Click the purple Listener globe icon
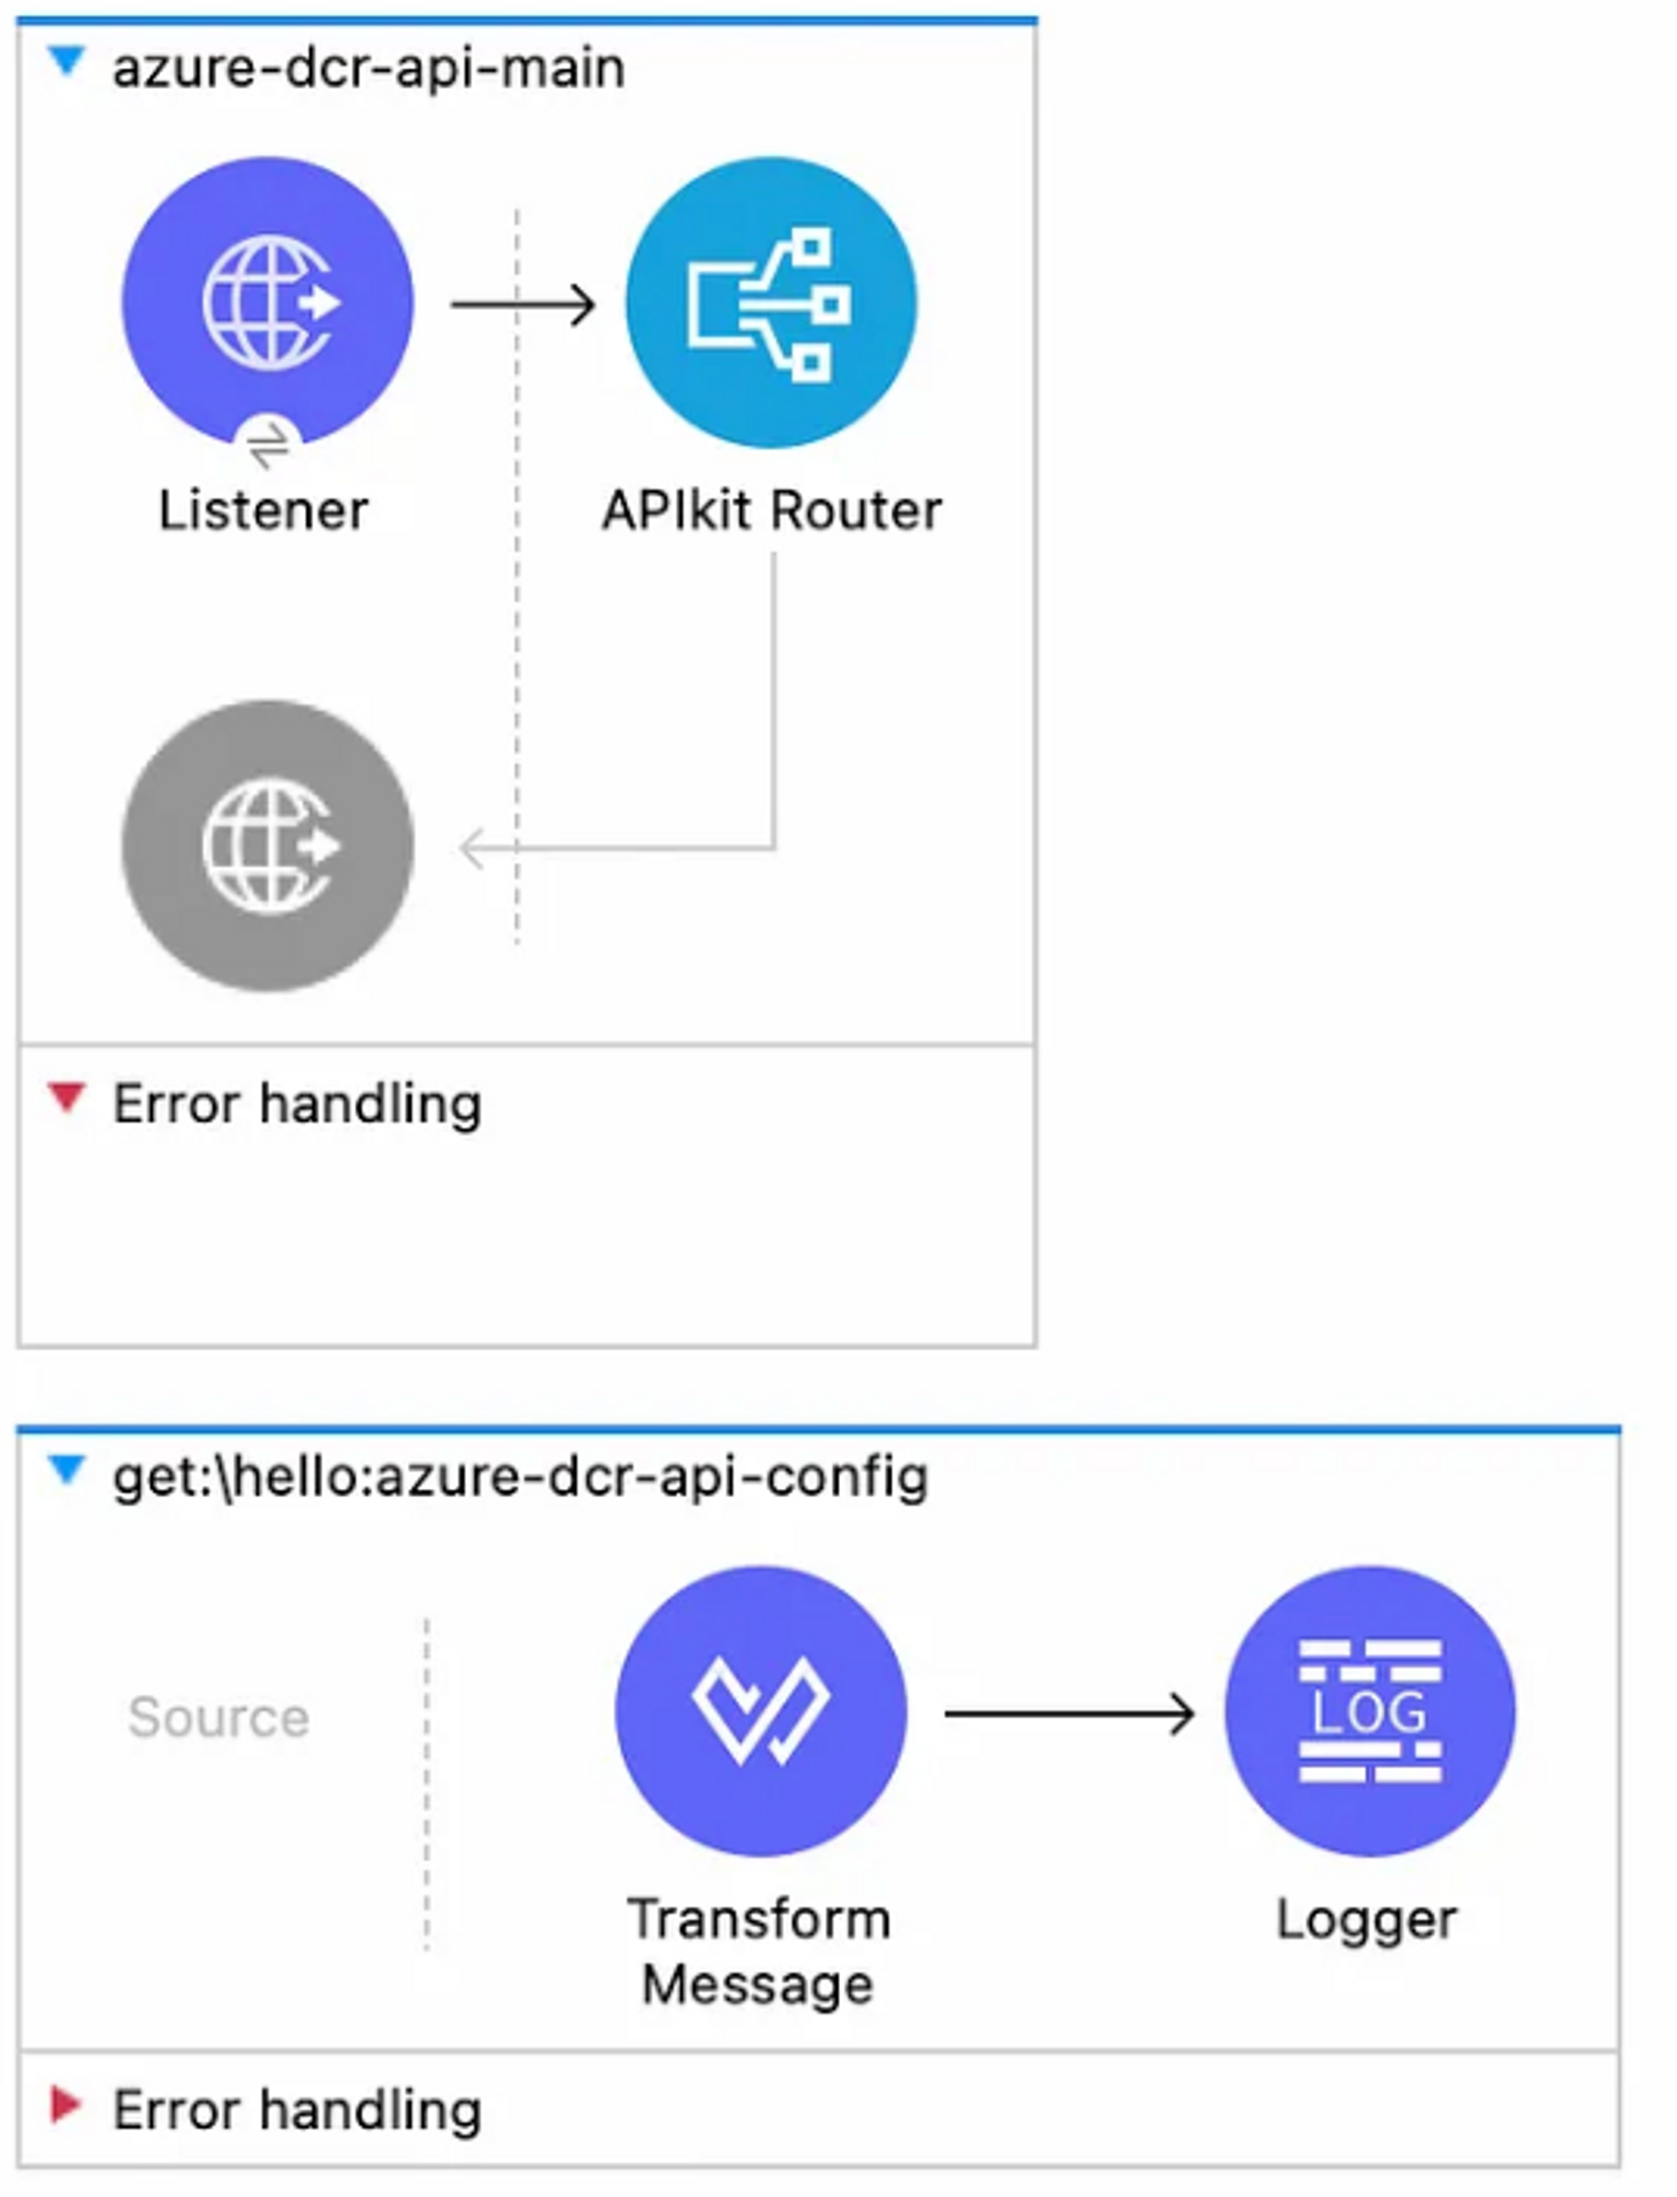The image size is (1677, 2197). (267, 299)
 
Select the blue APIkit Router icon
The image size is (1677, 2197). (771, 303)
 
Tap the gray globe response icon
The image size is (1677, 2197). (267, 845)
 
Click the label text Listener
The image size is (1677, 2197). (263, 510)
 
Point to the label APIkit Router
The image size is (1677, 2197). (771, 510)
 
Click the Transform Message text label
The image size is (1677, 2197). (759, 1951)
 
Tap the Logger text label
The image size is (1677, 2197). (1367, 1919)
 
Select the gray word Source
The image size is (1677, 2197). (219, 1717)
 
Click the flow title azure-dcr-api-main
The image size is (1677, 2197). (368, 69)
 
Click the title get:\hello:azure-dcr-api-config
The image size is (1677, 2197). (520, 1477)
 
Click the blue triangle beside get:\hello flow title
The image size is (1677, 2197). (67, 1469)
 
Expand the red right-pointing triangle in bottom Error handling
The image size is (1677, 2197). (65, 2104)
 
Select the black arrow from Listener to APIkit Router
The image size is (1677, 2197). (523, 304)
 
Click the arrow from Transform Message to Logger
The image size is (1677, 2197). (1069, 1714)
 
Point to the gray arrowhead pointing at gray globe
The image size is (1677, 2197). (472, 849)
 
